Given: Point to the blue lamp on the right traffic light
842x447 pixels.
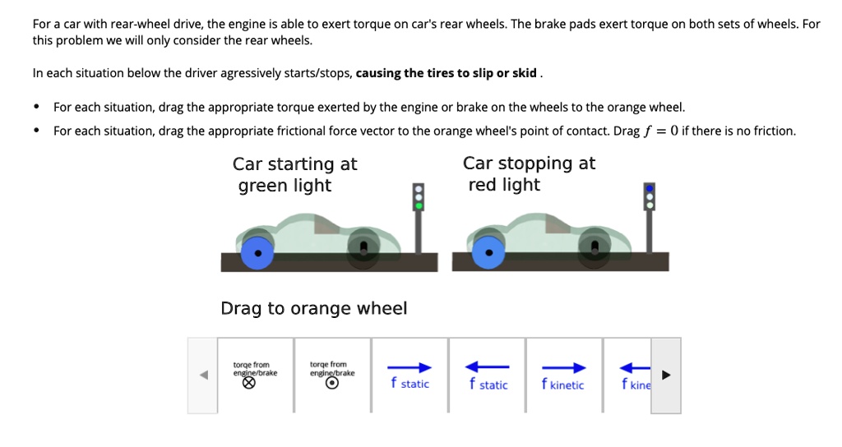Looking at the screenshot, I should pyautogui.click(x=650, y=187).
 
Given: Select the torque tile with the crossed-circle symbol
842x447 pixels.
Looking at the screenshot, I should pyautogui.click(x=255, y=375).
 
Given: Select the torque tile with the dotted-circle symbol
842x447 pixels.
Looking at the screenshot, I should pyautogui.click(x=331, y=375).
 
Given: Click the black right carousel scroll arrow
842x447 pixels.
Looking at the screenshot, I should pyautogui.click(x=667, y=376).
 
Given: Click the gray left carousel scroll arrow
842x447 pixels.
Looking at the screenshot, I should pyautogui.click(x=203, y=376).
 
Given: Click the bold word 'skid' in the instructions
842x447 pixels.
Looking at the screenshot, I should pyautogui.click(x=524, y=73).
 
